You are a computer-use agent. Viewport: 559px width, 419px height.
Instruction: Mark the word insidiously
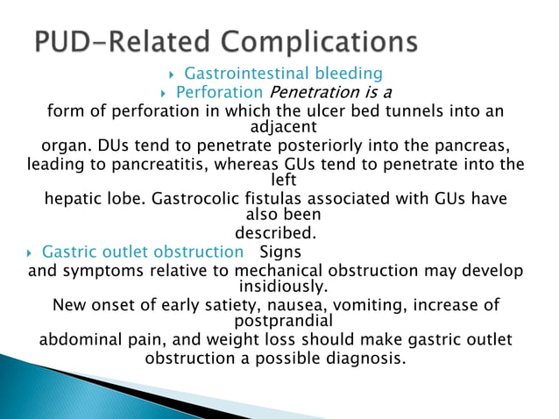(279, 286)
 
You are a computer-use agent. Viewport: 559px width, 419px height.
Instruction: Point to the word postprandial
(279, 321)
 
